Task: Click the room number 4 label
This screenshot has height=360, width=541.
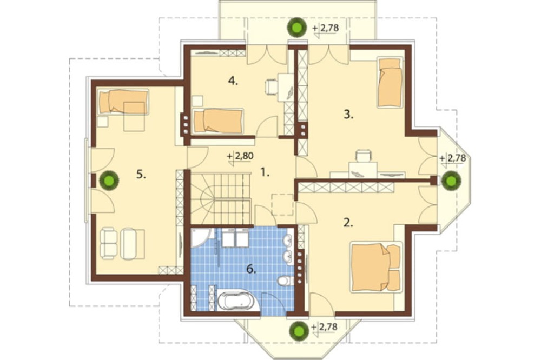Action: click(233, 81)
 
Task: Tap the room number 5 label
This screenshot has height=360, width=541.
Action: click(141, 175)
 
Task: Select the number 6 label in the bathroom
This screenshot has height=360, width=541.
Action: click(251, 269)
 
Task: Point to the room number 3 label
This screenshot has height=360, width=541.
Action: click(348, 115)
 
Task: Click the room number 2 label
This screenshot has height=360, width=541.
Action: click(348, 223)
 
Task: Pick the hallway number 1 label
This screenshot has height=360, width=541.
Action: click(265, 172)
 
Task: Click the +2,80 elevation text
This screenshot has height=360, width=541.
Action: click(241, 156)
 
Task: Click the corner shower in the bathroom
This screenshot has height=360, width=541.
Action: click(200, 238)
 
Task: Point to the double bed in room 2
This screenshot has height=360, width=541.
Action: click(377, 267)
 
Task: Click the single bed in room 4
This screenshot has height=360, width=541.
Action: click(217, 121)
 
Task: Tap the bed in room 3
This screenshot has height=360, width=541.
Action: click(390, 82)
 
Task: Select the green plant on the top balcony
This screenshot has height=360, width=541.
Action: click(297, 28)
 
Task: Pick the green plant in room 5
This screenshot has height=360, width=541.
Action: click(109, 179)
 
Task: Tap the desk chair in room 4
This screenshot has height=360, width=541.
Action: click(271, 86)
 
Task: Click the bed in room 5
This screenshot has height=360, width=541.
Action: click(123, 102)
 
